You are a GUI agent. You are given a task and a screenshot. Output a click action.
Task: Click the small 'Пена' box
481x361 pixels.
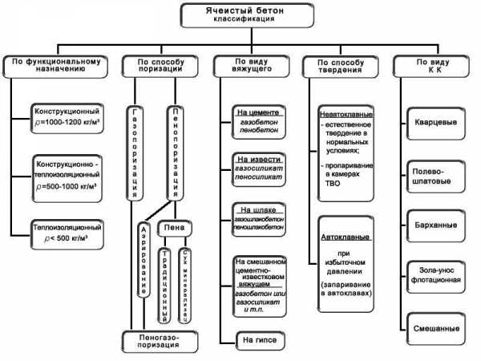click(175, 229)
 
